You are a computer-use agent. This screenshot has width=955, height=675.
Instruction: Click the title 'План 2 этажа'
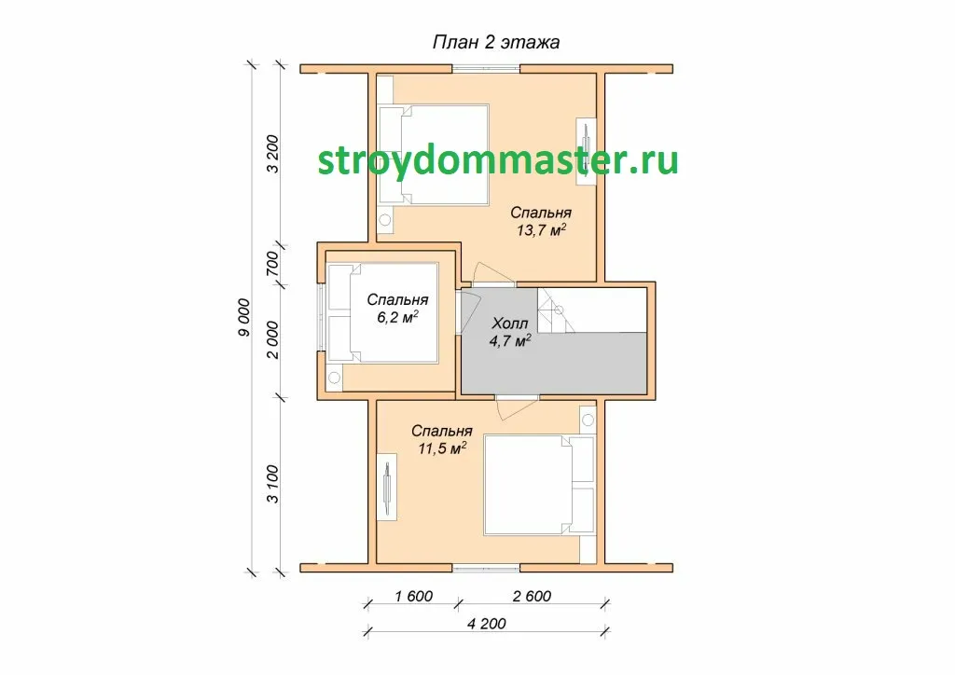point(496,42)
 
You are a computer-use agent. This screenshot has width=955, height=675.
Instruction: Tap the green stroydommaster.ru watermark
point(498,161)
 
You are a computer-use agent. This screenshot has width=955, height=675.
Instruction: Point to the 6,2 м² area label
point(397,317)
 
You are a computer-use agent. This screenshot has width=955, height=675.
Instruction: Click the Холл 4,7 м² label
point(510,332)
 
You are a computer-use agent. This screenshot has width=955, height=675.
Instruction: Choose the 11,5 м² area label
point(442,448)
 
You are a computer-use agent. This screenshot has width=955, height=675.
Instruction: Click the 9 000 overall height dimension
point(243,317)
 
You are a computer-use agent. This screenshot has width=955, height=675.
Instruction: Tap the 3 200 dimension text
point(272,154)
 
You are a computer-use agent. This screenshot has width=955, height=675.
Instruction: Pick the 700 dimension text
point(272,264)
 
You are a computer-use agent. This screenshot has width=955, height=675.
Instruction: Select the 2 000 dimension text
point(272,339)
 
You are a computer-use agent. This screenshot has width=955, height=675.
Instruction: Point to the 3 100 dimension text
point(272,485)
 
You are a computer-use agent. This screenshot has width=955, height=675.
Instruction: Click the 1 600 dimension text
point(413,596)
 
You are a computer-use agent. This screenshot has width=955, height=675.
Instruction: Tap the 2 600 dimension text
point(532,596)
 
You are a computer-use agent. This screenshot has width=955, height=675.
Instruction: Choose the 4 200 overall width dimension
point(487,624)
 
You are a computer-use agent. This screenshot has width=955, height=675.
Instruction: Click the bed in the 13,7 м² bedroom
point(434,155)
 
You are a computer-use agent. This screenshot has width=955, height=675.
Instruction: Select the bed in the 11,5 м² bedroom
point(539,485)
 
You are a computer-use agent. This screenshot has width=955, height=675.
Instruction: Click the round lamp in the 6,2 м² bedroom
point(334,378)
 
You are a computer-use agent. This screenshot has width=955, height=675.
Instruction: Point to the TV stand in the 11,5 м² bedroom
point(386,487)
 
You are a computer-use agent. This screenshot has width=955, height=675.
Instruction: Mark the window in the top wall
point(486,69)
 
